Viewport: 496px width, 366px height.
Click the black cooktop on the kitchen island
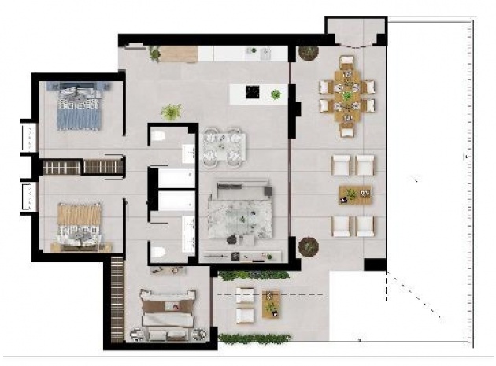point(253,92)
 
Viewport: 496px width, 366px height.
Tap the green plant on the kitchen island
point(276,94)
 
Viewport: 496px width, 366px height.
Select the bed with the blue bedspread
point(80,109)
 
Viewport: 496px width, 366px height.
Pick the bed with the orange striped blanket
point(80,224)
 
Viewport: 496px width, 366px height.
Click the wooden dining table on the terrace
point(346,96)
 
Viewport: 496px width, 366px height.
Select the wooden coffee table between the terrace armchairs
point(353,194)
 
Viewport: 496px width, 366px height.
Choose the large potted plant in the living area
point(171,112)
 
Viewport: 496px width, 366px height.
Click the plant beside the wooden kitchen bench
point(154,53)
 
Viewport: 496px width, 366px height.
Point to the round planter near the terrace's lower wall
point(309,247)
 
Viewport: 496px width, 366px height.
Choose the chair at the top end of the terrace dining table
point(346,61)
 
